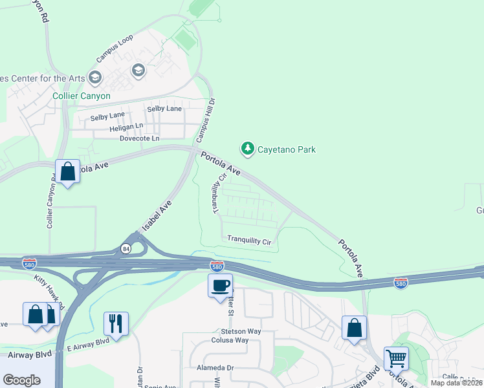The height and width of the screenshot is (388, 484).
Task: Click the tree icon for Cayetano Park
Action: click(x=247, y=149)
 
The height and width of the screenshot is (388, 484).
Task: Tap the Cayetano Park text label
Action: click(x=287, y=149)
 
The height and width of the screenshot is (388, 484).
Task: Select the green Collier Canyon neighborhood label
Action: click(x=82, y=96)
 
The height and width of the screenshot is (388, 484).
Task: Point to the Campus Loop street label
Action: click(x=115, y=48)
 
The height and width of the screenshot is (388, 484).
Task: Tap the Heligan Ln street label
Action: click(x=126, y=127)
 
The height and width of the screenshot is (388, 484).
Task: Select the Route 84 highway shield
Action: click(x=125, y=248)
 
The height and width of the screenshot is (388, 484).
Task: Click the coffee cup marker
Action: click(x=220, y=285)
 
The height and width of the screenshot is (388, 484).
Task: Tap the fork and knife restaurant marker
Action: click(x=116, y=323)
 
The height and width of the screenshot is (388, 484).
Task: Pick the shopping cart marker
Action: click(x=395, y=358)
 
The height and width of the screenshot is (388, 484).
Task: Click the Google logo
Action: click(x=22, y=380)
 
